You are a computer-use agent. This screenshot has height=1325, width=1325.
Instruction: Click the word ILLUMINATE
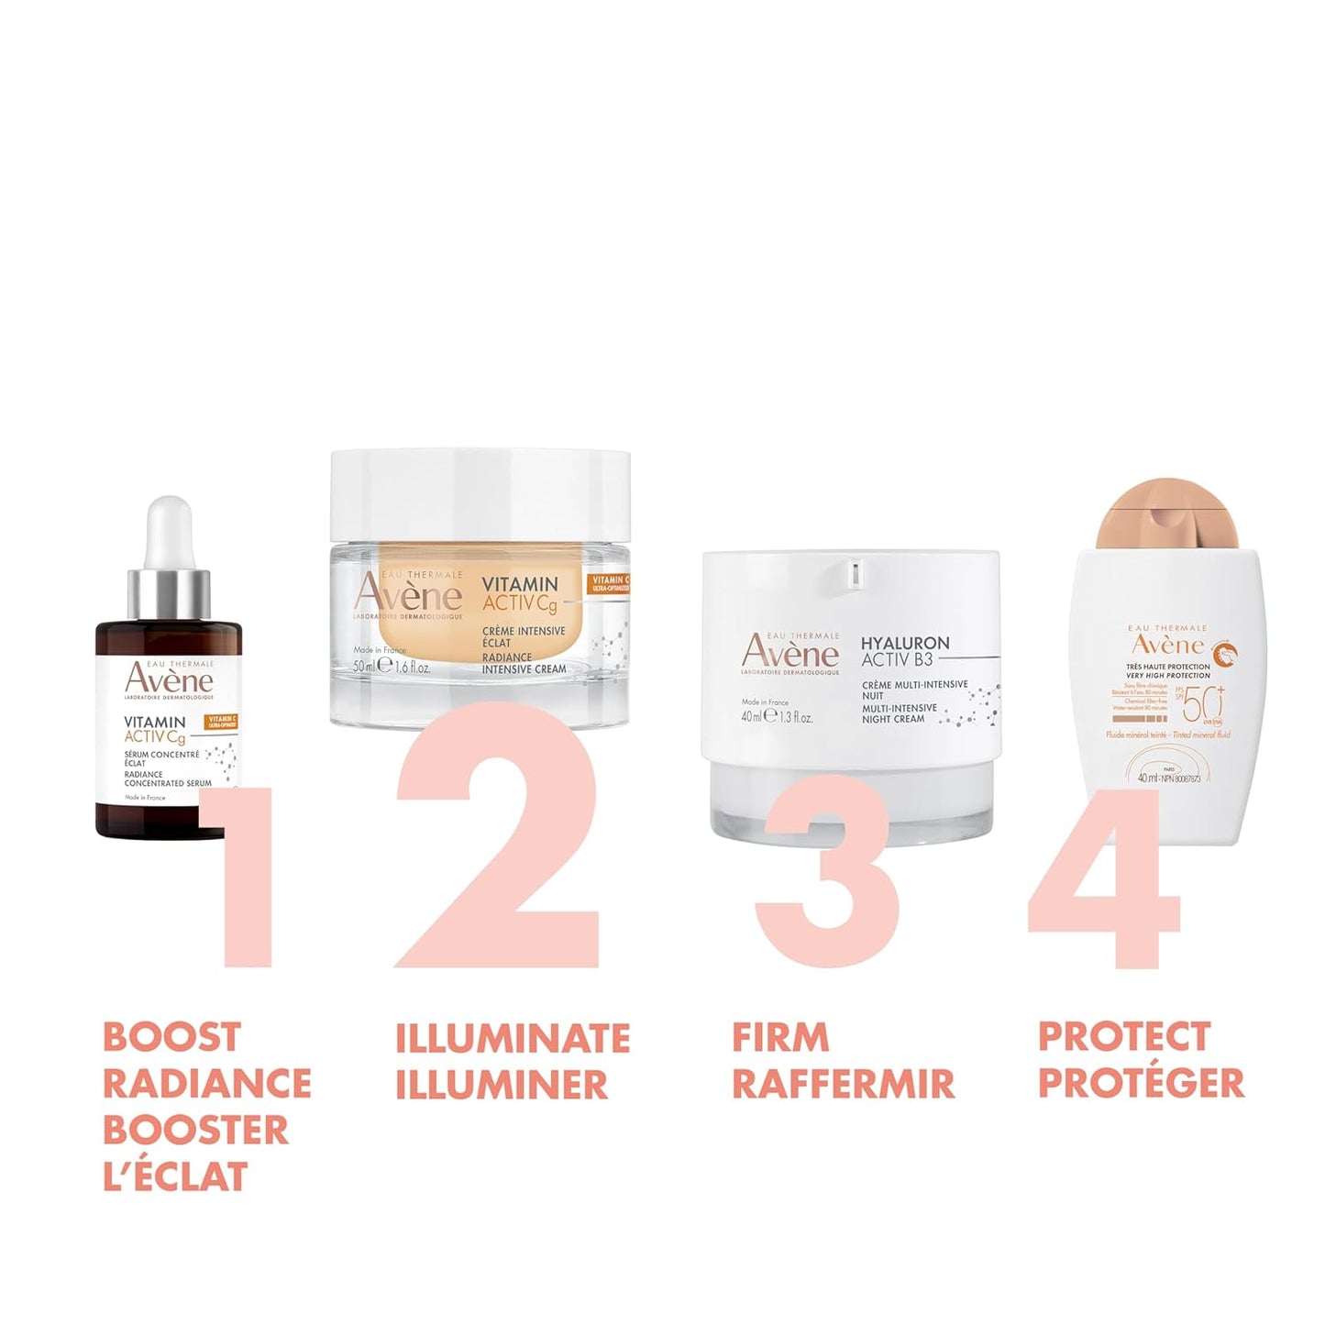[x=513, y=1038]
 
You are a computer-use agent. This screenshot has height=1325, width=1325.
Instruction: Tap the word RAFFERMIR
[x=843, y=1084]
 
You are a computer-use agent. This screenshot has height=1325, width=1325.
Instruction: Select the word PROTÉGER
[x=1141, y=1083]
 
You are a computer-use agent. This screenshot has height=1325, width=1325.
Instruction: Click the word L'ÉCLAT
[x=175, y=1176]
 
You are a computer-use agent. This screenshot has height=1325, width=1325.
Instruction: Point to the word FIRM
[x=780, y=1038]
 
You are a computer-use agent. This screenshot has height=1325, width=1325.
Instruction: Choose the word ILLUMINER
[x=502, y=1084]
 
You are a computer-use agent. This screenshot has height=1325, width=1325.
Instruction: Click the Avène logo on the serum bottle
[x=169, y=679]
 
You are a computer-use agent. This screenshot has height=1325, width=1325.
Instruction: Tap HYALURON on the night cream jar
[x=905, y=643]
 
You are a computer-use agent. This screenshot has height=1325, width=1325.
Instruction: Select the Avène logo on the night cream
[x=789, y=652]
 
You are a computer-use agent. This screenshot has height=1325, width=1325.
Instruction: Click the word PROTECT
[x=1124, y=1037]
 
